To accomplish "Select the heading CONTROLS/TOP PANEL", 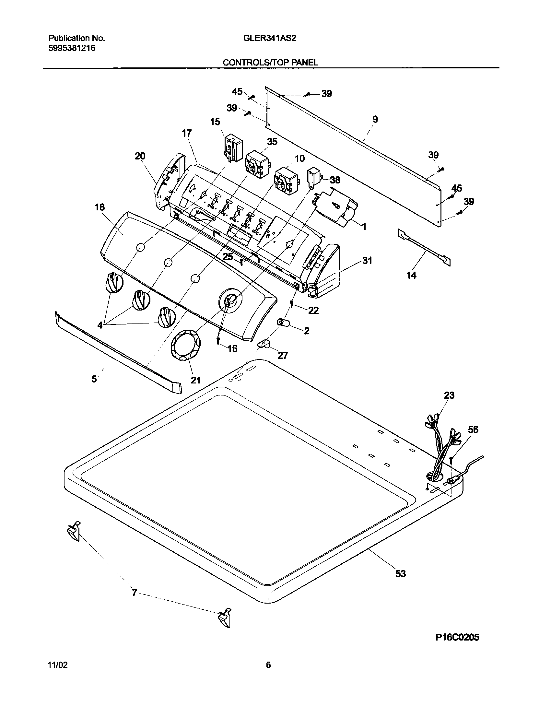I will click(x=270, y=63).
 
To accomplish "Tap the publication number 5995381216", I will click(x=72, y=48).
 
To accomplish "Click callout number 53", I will click(x=400, y=574).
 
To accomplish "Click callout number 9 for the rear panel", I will click(x=375, y=119).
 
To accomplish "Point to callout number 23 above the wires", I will click(x=449, y=395).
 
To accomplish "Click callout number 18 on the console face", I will click(x=100, y=207).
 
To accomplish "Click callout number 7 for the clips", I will click(x=134, y=593).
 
